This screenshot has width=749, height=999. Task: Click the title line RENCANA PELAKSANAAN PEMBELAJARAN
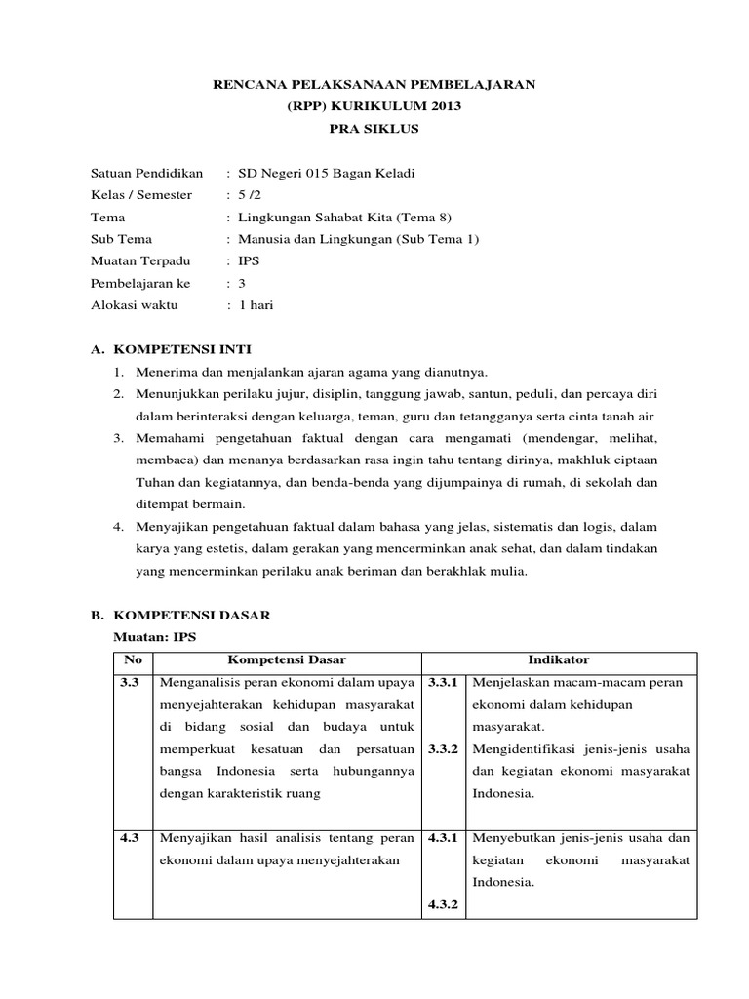374,86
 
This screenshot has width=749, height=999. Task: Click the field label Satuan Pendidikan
146,174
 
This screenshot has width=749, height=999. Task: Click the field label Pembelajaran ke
140,284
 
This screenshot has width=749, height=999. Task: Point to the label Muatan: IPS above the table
156,637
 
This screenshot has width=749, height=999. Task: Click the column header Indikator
560,660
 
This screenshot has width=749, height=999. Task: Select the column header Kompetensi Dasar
287,660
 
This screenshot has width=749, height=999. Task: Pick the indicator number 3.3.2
445,750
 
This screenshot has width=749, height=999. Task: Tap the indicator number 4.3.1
445,837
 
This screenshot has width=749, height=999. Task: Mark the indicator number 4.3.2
445,904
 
